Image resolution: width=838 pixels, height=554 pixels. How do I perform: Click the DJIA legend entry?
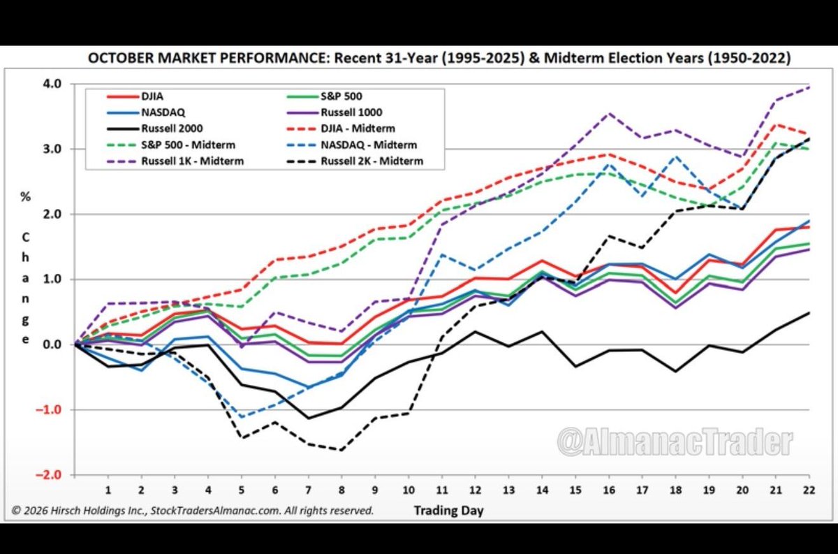pos(135,96)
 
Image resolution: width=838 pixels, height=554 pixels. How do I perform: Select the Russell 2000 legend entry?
pos(155,129)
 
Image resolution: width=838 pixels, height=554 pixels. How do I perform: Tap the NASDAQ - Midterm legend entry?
pos(352,145)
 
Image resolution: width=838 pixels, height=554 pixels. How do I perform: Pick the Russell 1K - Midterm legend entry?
pos(175,161)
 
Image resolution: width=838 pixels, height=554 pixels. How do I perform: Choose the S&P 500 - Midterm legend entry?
pos(171,145)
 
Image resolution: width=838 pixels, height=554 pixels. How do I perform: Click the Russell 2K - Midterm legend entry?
pos(355,161)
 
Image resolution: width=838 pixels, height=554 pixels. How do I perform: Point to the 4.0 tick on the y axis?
pos(52,83)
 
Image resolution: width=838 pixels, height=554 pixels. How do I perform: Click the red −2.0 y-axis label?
pos(48,474)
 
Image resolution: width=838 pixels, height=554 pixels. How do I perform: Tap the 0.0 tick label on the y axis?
pos(52,344)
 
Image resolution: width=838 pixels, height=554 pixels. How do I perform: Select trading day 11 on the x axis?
pos(442,490)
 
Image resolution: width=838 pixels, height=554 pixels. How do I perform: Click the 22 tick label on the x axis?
pos(809,490)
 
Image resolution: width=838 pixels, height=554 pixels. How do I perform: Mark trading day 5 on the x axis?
pos(242,490)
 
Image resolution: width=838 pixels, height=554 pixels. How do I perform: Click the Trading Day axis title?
pos(448,511)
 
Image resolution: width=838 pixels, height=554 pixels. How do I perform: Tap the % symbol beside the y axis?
pos(25,196)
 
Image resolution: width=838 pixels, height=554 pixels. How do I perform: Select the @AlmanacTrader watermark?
pos(675,442)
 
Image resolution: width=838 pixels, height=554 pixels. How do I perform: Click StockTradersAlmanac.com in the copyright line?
pos(216,511)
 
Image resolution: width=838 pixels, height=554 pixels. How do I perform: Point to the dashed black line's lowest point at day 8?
pos(341,450)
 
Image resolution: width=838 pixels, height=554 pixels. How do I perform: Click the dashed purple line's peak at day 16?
pos(609,113)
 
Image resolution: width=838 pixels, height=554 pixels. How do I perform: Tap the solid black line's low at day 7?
pos(308,418)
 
